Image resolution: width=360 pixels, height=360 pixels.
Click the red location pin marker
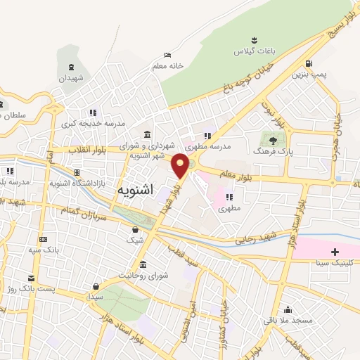tap(181, 165)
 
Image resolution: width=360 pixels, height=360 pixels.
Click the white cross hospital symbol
tap(335, 251)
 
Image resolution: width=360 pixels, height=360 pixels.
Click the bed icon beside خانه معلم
tap(167, 55)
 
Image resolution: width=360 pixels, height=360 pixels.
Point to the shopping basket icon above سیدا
tap(96, 287)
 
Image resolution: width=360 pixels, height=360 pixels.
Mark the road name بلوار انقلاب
tap(88, 149)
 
